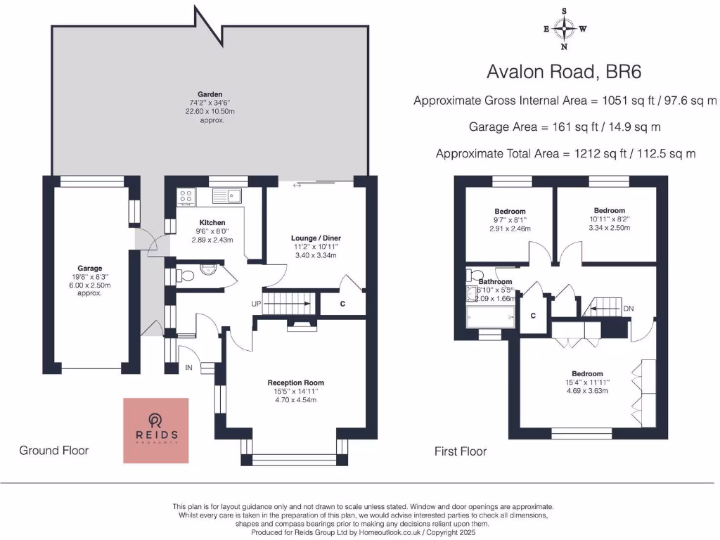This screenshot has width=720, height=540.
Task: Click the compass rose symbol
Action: click(x=564, y=29)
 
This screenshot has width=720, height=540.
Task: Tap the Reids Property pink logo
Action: click(x=156, y=430)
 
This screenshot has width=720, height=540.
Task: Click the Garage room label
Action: click(x=90, y=268)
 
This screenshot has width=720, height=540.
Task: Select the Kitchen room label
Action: click(x=212, y=222)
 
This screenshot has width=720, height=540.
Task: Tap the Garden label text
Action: click(x=210, y=94)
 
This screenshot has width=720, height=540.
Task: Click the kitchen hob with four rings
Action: click(x=186, y=196)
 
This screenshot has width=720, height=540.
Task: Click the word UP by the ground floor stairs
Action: click(x=257, y=304)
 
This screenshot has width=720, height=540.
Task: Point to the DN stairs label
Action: click(x=629, y=308)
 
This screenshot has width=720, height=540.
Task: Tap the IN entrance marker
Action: click(x=188, y=367)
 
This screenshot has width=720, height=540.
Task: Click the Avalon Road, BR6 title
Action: click(x=565, y=72)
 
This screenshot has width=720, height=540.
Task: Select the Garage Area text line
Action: click(x=565, y=127)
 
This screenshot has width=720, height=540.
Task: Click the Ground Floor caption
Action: click(x=53, y=450)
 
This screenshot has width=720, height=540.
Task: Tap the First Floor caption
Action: click(x=461, y=451)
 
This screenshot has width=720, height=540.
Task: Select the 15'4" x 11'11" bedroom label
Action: click(x=587, y=382)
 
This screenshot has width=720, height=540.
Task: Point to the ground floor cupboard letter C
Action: click(x=342, y=304)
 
